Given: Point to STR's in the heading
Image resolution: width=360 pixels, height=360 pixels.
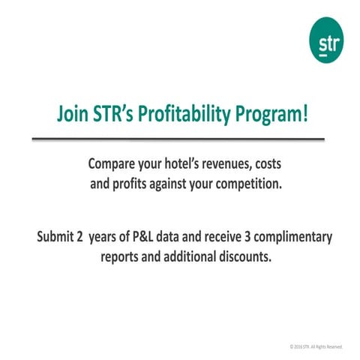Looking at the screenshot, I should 119,115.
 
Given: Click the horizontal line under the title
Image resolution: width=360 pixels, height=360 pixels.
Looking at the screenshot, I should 179,139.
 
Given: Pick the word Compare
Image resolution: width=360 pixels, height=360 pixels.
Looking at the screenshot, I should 112,163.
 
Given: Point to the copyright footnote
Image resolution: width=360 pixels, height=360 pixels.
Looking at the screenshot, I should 316,346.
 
